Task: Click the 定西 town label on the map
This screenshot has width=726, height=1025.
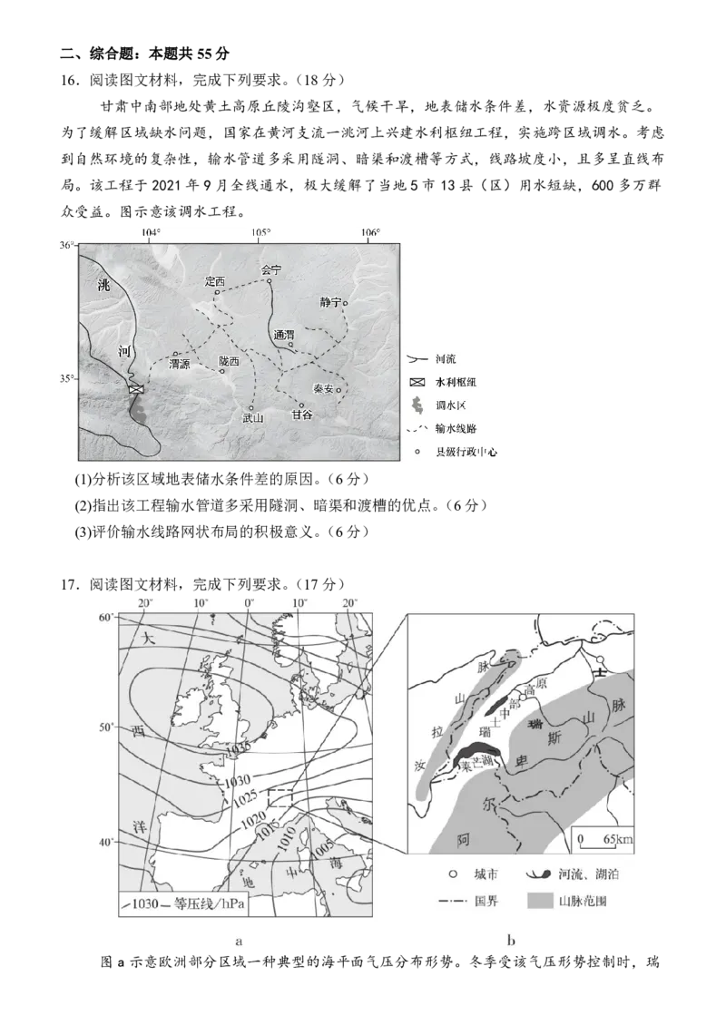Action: (214, 281)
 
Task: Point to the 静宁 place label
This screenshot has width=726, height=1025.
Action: (331, 302)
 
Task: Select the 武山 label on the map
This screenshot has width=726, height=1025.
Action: (252, 418)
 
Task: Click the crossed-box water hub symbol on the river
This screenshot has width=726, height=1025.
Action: (135, 389)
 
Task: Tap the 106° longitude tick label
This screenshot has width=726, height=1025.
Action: (369, 233)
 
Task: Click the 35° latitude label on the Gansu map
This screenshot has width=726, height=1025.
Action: (67, 378)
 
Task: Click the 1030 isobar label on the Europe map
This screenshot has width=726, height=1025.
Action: (238, 780)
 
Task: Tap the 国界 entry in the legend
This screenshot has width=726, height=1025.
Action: (469, 902)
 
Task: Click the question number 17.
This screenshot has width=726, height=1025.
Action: (69, 584)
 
